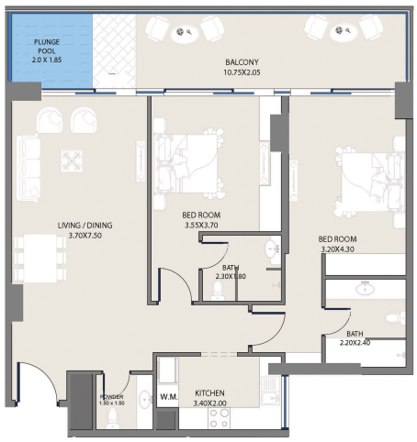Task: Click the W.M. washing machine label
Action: tap(167, 397)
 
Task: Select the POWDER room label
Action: tap(111, 396)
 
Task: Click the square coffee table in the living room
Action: tap(72, 161)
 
